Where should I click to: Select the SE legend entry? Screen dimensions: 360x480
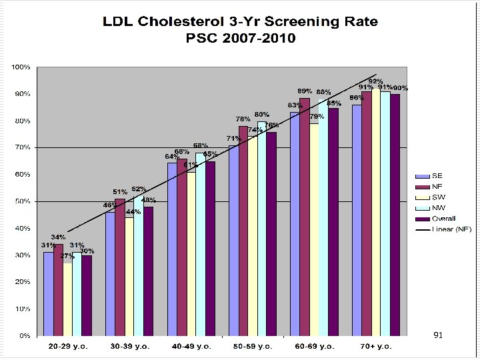tap(437, 176)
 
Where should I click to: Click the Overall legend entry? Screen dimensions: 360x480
tap(443, 219)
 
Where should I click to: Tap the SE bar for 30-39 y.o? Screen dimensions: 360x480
tap(110, 273)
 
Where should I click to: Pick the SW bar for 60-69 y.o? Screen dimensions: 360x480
tap(314, 229)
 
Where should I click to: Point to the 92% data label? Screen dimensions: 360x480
tap(376, 81)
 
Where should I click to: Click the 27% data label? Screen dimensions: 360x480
tap(67, 255)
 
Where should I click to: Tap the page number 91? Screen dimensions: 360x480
tap(438, 335)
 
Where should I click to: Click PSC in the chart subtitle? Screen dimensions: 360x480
tap(201, 38)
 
